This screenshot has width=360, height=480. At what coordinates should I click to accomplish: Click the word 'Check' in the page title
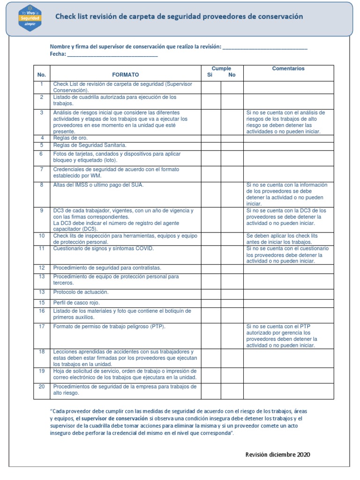(66, 16)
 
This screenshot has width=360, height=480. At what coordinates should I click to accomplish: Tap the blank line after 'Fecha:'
(112, 54)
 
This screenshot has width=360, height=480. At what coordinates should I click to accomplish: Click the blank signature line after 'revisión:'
(265, 47)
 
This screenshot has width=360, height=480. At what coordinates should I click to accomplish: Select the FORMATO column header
(125, 75)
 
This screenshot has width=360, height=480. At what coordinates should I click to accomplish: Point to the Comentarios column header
(288, 69)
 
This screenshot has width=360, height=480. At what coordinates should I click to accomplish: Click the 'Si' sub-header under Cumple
(210, 75)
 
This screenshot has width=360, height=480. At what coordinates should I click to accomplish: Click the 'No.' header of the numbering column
(42, 75)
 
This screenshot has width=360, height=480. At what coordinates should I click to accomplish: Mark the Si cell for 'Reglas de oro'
(211, 138)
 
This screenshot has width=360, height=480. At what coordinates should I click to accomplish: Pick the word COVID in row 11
(144, 248)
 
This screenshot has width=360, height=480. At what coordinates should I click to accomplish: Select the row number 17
(42, 326)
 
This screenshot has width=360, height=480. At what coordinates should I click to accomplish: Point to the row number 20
(42, 387)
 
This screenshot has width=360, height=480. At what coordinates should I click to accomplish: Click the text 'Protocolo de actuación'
(81, 292)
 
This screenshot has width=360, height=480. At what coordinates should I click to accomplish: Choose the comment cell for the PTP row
(288, 336)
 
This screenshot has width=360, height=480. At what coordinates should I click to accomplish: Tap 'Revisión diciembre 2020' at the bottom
(277, 455)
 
